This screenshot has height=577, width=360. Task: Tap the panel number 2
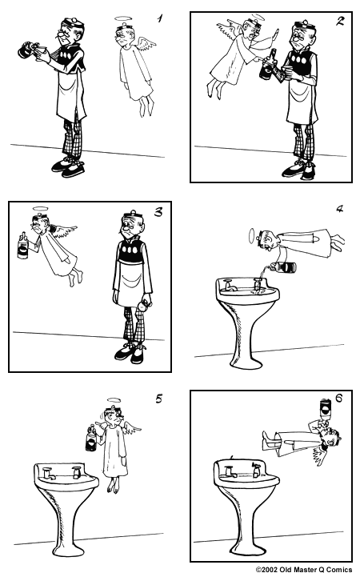tap(339, 22)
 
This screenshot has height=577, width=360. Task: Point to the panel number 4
tap(339, 210)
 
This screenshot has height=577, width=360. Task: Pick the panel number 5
tap(158, 399)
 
